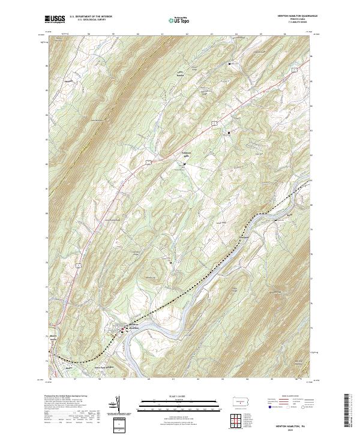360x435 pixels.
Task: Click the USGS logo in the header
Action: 55,19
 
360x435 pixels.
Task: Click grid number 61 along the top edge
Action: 163,34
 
